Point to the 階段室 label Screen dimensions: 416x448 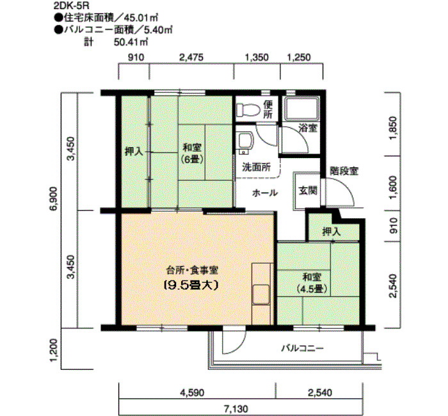click(x=344, y=171)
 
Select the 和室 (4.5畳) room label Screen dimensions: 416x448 click(x=312, y=283)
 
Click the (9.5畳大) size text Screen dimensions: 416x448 click(x=191, y=285)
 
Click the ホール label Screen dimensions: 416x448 click(x=264, y=192)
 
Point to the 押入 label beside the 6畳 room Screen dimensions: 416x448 click(x=133, y=152)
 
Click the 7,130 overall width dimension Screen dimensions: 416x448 click(x=241, y=408)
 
